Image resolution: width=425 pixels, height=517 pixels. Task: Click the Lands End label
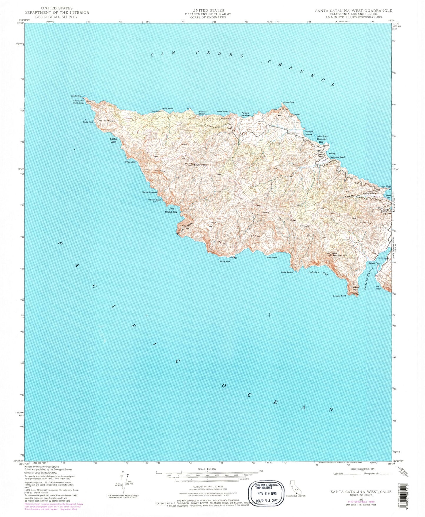click(76, 96)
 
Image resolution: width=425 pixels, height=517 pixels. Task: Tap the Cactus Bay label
click(113, 140)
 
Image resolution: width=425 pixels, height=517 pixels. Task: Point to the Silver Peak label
click(200, 165)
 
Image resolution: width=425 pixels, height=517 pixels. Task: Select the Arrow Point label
click(288, 102)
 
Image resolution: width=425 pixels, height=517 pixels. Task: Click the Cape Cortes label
click(287, 272)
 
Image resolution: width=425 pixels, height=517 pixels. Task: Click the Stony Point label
click(222, 112)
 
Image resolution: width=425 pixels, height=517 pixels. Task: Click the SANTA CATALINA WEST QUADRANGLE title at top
click(354, 11)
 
